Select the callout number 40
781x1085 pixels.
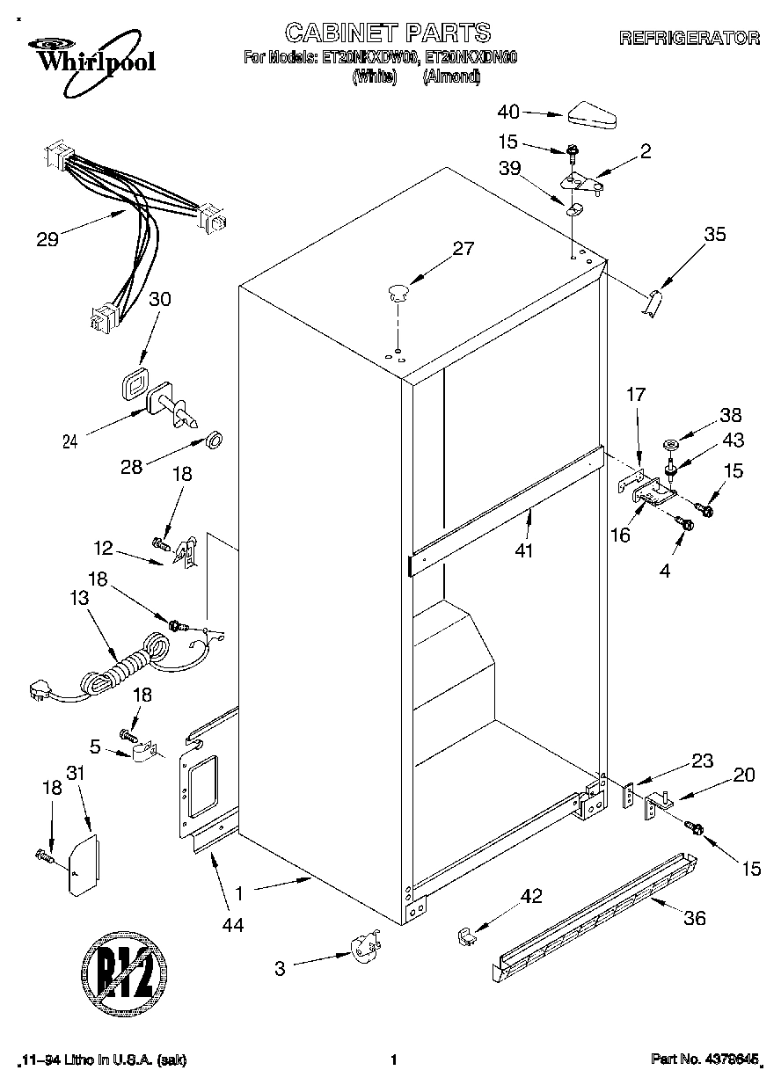click(x=509, y=112)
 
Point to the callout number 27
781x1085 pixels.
click(x=463, y=250)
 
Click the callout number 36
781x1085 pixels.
click(x=695, y=918)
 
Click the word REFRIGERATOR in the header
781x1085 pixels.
click(x=690, y=38)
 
